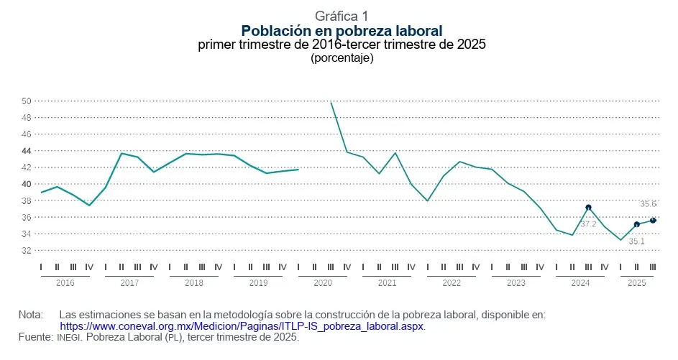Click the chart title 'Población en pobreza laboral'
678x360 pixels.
tap(342, 30)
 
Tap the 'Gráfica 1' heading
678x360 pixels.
tap(342, 16)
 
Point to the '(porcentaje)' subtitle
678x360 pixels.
tap(342, 58)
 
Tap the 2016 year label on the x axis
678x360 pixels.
tap(65, 283)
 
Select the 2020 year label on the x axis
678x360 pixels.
tap(323, 283)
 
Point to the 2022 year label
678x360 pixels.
tap(452, 283)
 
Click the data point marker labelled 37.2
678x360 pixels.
tap(588, 208)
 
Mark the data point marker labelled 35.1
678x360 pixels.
tap(637, 225)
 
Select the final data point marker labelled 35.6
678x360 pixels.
tap(653, 221)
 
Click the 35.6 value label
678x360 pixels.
tap(649, 204)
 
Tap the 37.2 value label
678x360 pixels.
tap(588, 224)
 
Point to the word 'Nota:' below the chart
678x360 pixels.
tap(31, 315)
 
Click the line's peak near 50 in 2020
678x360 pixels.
tap(331, 103)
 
